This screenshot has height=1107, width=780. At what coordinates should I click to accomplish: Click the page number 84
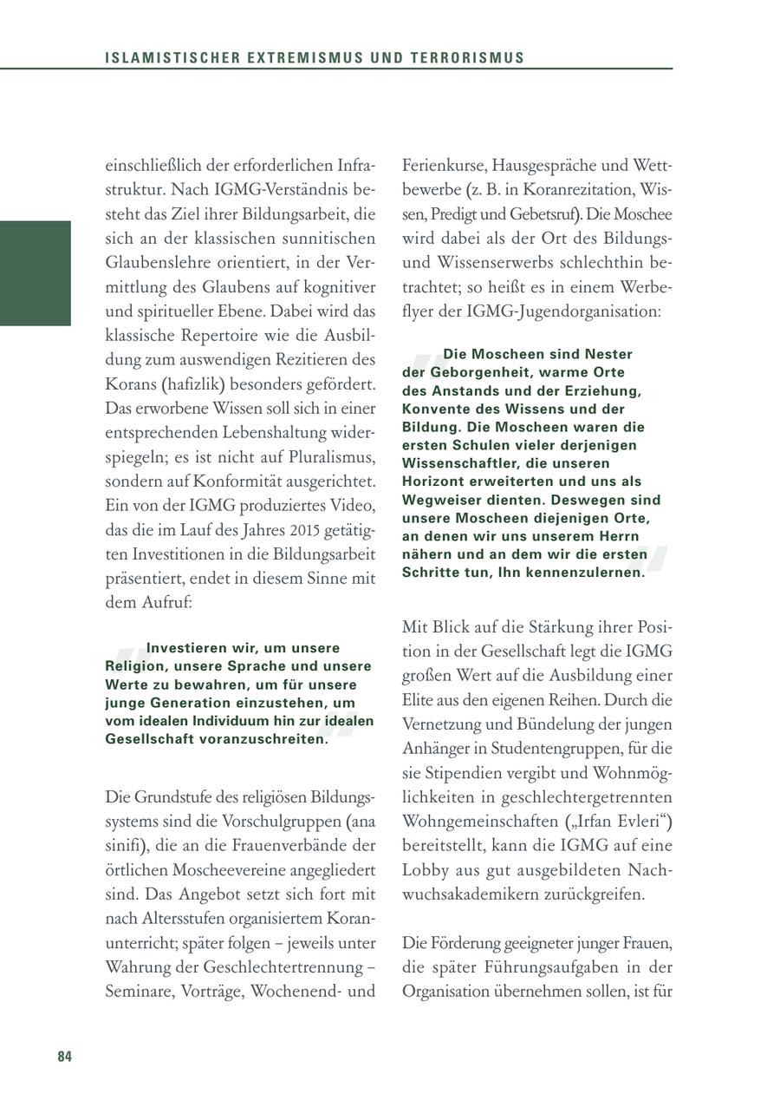click(x=65, y=1056)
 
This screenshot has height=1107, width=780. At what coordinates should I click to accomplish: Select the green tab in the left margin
click(x=36, y=273)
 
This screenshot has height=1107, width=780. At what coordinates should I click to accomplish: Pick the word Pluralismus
click(x=332, y=455)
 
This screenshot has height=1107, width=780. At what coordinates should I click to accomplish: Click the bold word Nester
click(x=609, y=354)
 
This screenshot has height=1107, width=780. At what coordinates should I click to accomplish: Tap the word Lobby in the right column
click(x=426, y=869)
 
